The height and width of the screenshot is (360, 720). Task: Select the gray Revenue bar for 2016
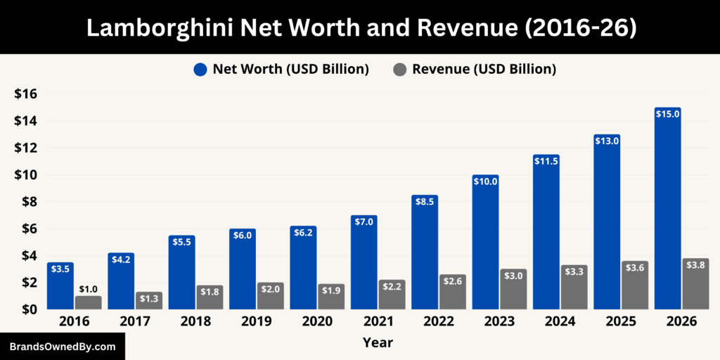click(88, 302)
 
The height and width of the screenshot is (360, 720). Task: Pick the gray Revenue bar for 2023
click(513, 289)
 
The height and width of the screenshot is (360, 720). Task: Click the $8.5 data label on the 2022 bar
click(425, 202)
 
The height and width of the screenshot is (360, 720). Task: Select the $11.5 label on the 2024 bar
click(546, 161)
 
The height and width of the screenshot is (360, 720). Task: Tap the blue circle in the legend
click(200, 70)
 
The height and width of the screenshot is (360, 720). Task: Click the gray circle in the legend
click(399, 70)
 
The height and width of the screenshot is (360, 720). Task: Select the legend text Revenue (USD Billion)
click(484, 69)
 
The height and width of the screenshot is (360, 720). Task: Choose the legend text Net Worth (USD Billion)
click(291, 69)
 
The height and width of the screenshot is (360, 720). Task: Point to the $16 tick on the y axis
click(26, 94)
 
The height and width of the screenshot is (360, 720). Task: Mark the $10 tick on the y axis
click(26, 175)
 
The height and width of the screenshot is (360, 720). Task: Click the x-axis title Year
click(378, 343)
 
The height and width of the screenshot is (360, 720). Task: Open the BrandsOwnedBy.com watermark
click(62, 347)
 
